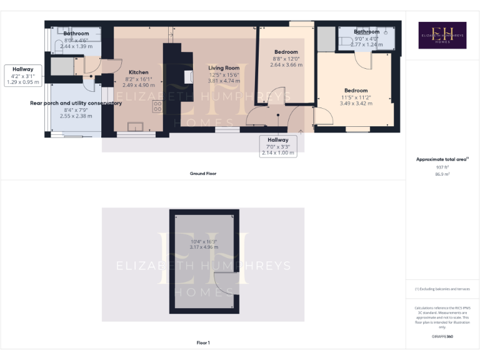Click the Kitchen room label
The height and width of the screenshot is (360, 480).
pos(138,72)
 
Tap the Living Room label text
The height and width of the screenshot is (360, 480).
pos(224,67)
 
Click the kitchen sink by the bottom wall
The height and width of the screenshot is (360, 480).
pos(134,127)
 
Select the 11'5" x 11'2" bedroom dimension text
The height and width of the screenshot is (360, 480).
pos(355,97)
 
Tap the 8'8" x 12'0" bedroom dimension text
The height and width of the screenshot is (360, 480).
pos(286,59)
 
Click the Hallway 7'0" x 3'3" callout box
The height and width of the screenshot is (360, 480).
pos(278,146)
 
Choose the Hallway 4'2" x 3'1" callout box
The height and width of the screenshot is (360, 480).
pos(22,75)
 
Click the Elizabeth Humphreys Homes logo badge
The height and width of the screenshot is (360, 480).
pos(442,36)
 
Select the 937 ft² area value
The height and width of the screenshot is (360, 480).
pos(442,167)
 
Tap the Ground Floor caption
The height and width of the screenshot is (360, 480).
pos(203,173)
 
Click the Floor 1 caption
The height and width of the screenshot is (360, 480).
pos(203,342)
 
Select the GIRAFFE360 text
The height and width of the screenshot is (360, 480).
pos(442,336)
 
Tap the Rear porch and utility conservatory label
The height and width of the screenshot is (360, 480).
pos(76,103)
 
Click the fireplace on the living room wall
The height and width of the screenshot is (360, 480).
pos(187,76)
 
